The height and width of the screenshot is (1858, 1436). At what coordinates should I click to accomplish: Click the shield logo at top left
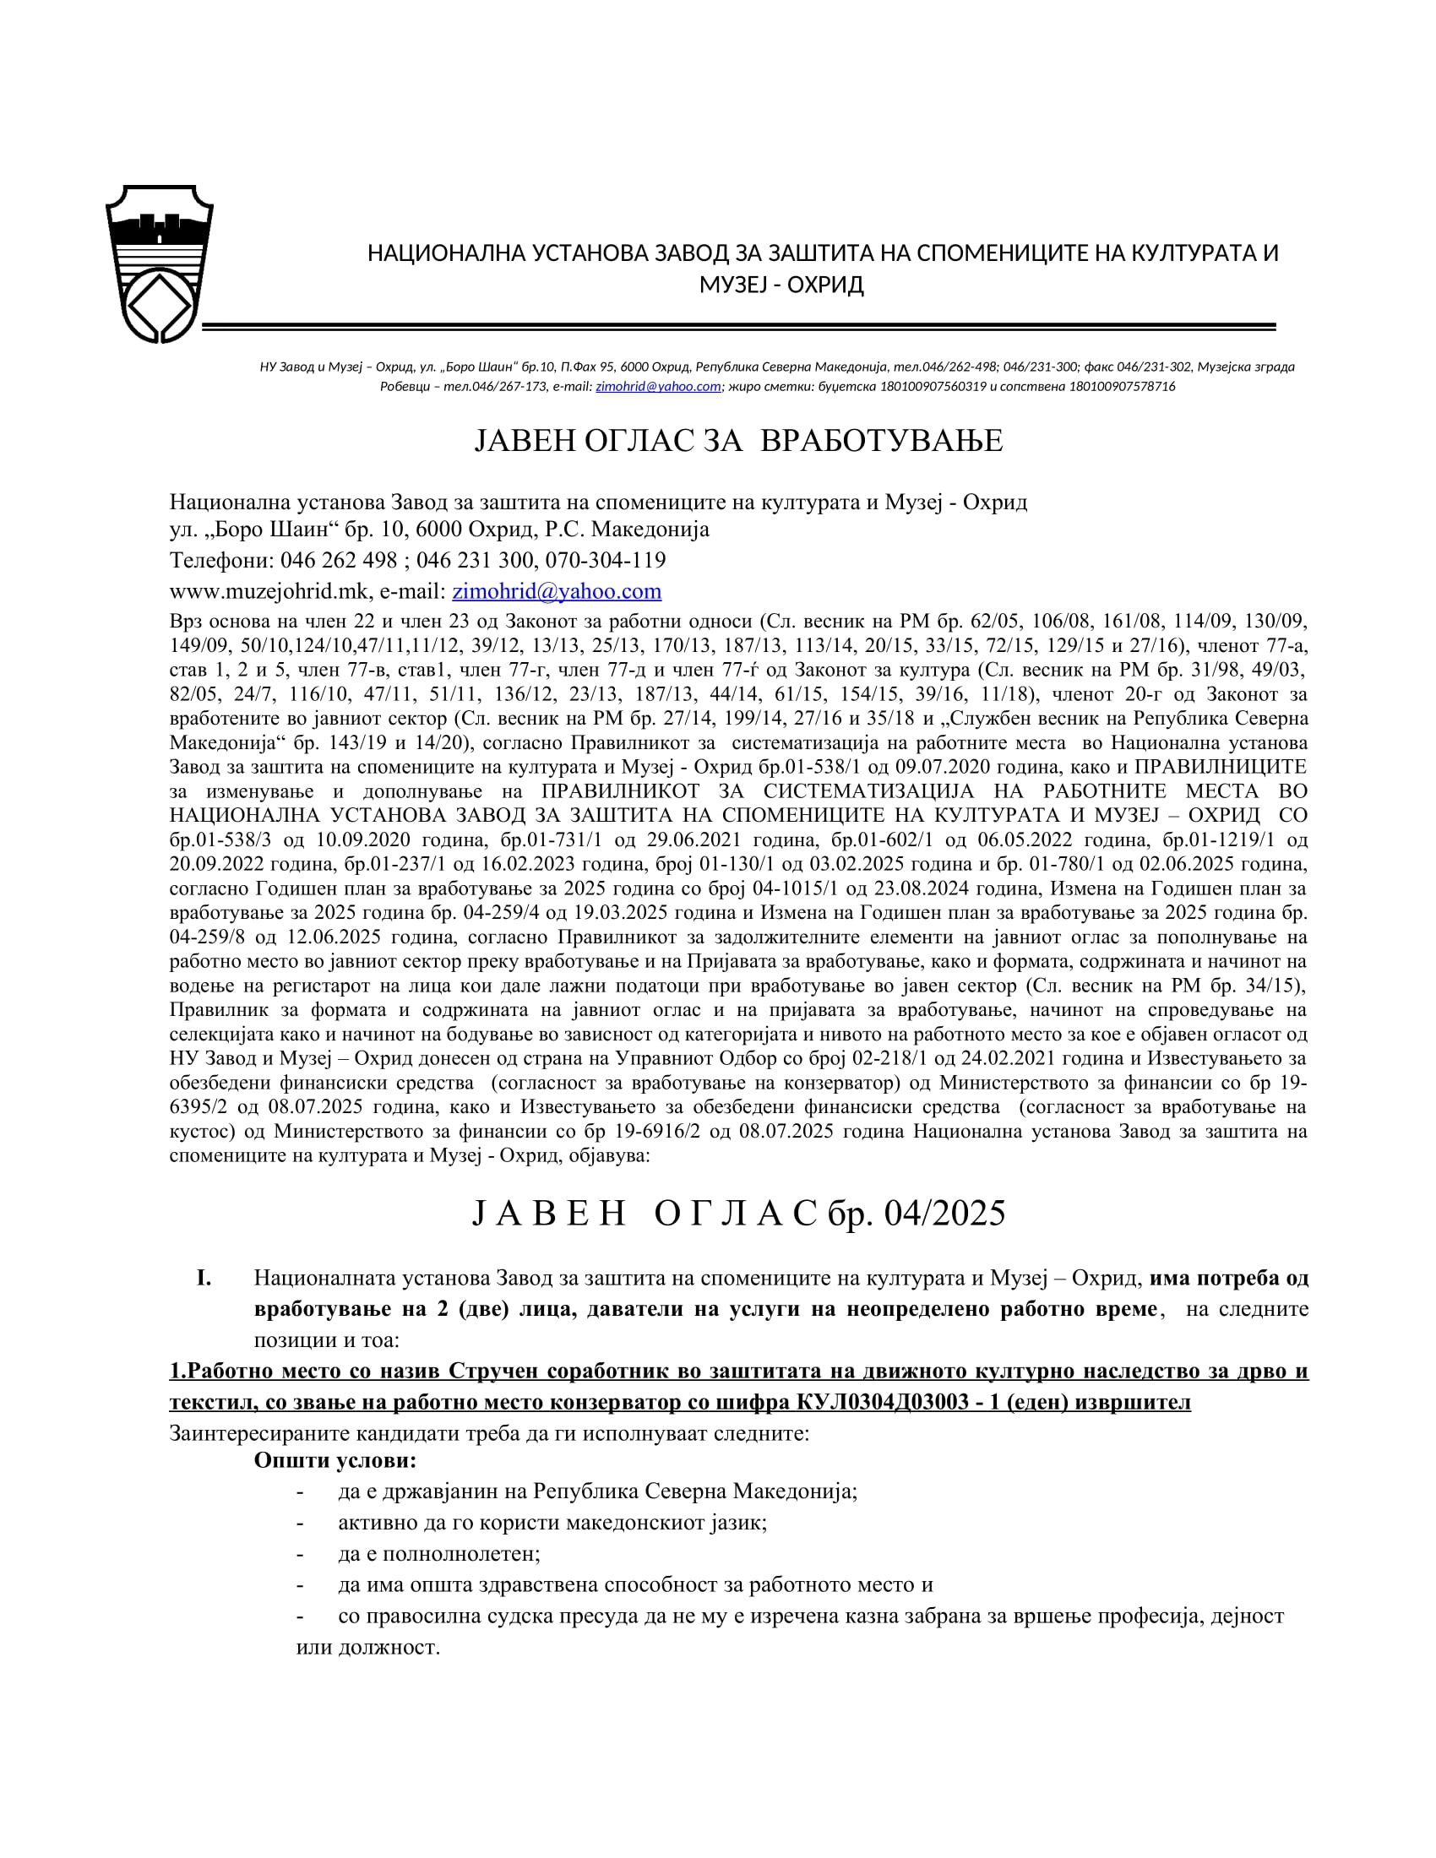pyautogui.click(x=159, y=263)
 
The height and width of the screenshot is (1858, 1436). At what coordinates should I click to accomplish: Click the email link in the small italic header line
pyautogui.click(x=657, y=386)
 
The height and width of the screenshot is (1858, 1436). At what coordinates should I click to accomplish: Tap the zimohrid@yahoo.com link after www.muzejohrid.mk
pyautogui.click(x=557, y=590)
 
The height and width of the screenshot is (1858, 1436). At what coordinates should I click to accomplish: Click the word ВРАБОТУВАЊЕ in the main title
pyautogui.click(x=880, y=441)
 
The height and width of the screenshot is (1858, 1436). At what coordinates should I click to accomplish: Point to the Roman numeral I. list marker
pyautogui.click(x=204, y=1278)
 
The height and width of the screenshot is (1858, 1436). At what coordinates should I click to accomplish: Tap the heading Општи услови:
pyautogui.click(x=335, y=1462)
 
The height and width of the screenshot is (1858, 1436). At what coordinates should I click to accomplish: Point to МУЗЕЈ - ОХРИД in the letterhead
pyautogui.click(x=781, y=284)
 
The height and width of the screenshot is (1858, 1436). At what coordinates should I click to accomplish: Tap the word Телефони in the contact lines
pyautogui.click(x=219, y=560)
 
